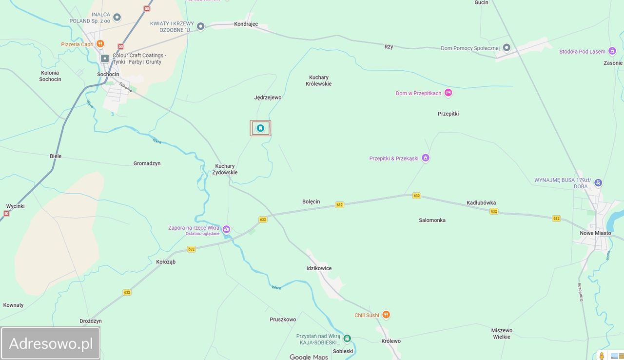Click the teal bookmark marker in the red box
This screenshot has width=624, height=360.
(x=260, y=128)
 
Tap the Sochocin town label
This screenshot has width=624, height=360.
(x=108, y=75)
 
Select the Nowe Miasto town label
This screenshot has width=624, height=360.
(x=595, y=233)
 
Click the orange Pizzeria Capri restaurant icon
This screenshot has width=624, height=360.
(x=100, y=44)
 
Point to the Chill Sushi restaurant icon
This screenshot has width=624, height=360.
(x=386, y=315)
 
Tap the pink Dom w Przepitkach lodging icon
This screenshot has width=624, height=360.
(x=448, y=93)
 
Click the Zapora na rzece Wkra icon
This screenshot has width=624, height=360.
(x=226, y=229)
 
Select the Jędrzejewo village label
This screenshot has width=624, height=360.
(x=268, y=98)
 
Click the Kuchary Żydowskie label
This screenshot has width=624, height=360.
(x=226, y=169)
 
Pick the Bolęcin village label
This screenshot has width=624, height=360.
(x=311, y=201)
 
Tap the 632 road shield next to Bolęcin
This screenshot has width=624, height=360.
(x=339, y=205)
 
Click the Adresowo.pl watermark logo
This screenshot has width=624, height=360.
(x=51, y=343)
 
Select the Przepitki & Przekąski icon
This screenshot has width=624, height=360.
(x=426, y=158)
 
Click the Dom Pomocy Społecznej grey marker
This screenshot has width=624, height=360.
(x=507, y=48)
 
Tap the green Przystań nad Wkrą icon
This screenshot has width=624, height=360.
(x=347, y=338)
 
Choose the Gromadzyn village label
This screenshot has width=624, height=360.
(x=147, y=163)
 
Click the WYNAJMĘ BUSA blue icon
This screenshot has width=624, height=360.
(x=598, y=183)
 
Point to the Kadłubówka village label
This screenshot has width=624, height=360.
(x=481, y=203)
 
